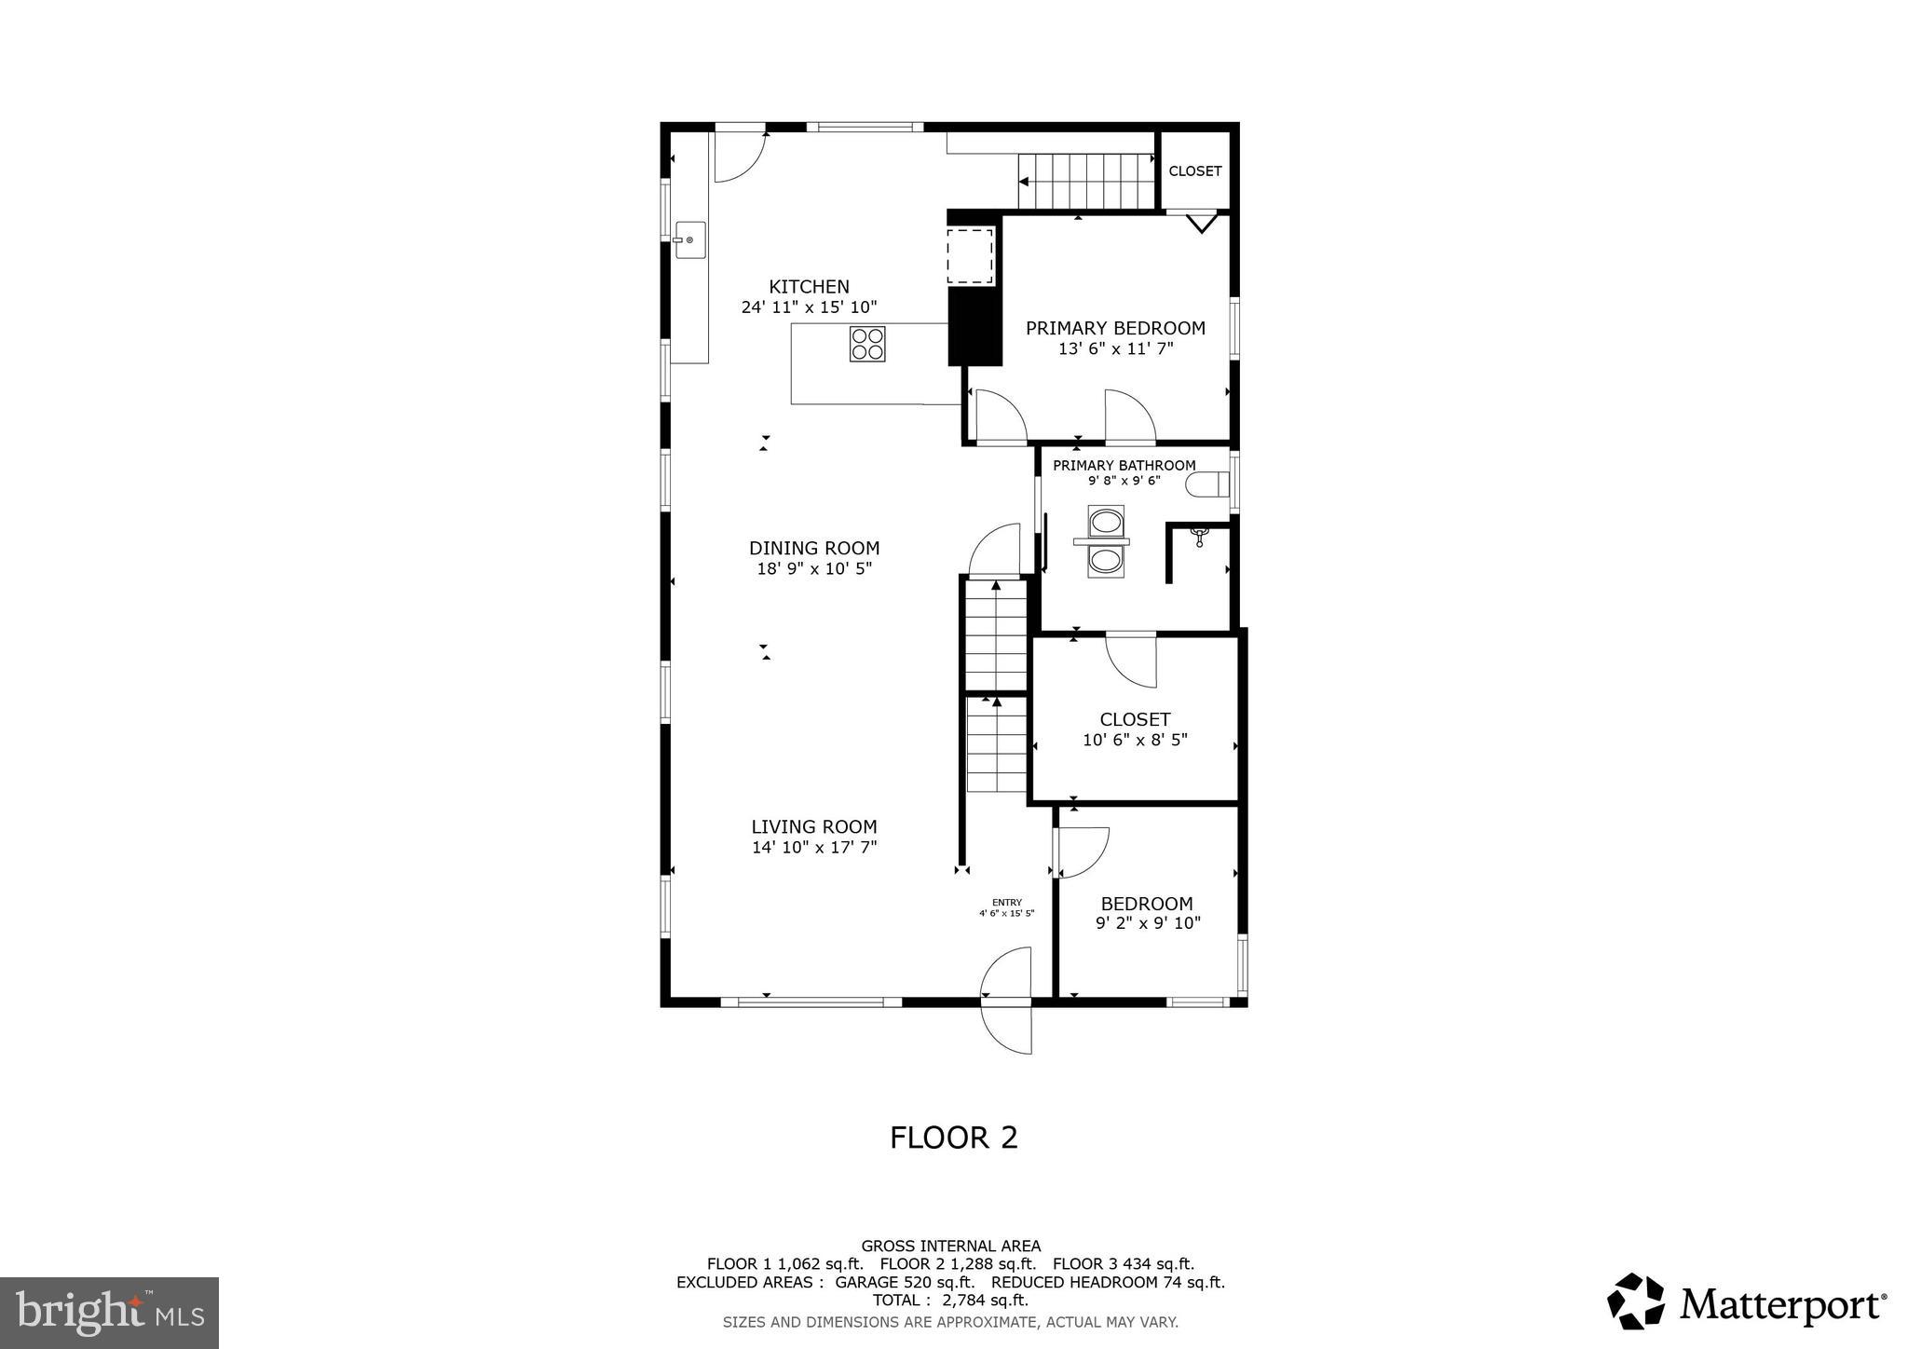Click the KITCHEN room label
pos(809,287)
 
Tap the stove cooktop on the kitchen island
pos(867,344)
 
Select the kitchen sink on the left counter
pos(690,240)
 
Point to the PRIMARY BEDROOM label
pos(1115,328)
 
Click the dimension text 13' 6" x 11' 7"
pos(1115,349)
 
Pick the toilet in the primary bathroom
pos(1207,485)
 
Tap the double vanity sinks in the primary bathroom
pos(1105,541)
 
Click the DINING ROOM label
pos(814,548)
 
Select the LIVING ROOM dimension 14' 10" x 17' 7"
pos(814,848)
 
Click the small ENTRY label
pos(1006,903)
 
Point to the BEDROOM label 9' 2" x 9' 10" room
pos(1147,904)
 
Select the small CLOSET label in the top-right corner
pos(1194,171)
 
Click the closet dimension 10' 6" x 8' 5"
pos(1135,741)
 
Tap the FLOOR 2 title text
pos(953,1138)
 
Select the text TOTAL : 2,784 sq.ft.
pos(950,1300)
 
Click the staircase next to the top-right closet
pos(1086,181)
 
